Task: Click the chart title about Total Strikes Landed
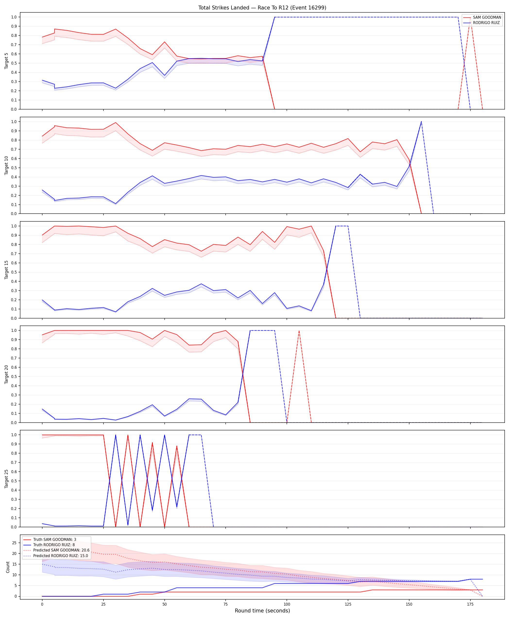[262, 8]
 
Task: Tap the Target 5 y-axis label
[7, 61]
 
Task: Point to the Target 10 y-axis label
[7, 165]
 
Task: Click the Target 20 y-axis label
[7, 374]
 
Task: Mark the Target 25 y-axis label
[7, 479]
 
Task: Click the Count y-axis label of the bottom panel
[8, 567]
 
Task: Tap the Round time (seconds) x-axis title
[262, 611]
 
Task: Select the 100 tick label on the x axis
[287, 604]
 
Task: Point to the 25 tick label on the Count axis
[14, 543]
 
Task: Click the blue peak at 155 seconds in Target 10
[421, 122]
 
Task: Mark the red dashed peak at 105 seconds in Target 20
[299, 331]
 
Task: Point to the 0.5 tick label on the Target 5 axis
[14, 63]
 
